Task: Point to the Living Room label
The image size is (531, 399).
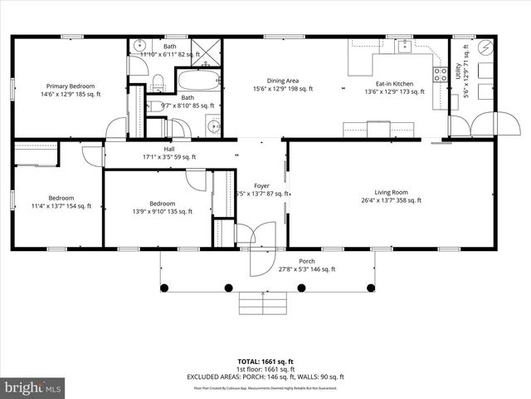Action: (391, 195)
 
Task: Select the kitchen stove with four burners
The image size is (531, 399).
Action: (440, 77)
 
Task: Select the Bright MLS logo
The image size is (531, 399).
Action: (33, 387)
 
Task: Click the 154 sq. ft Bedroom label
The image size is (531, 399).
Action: (61, 201)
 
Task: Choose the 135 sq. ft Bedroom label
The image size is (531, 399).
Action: (163, 207)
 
